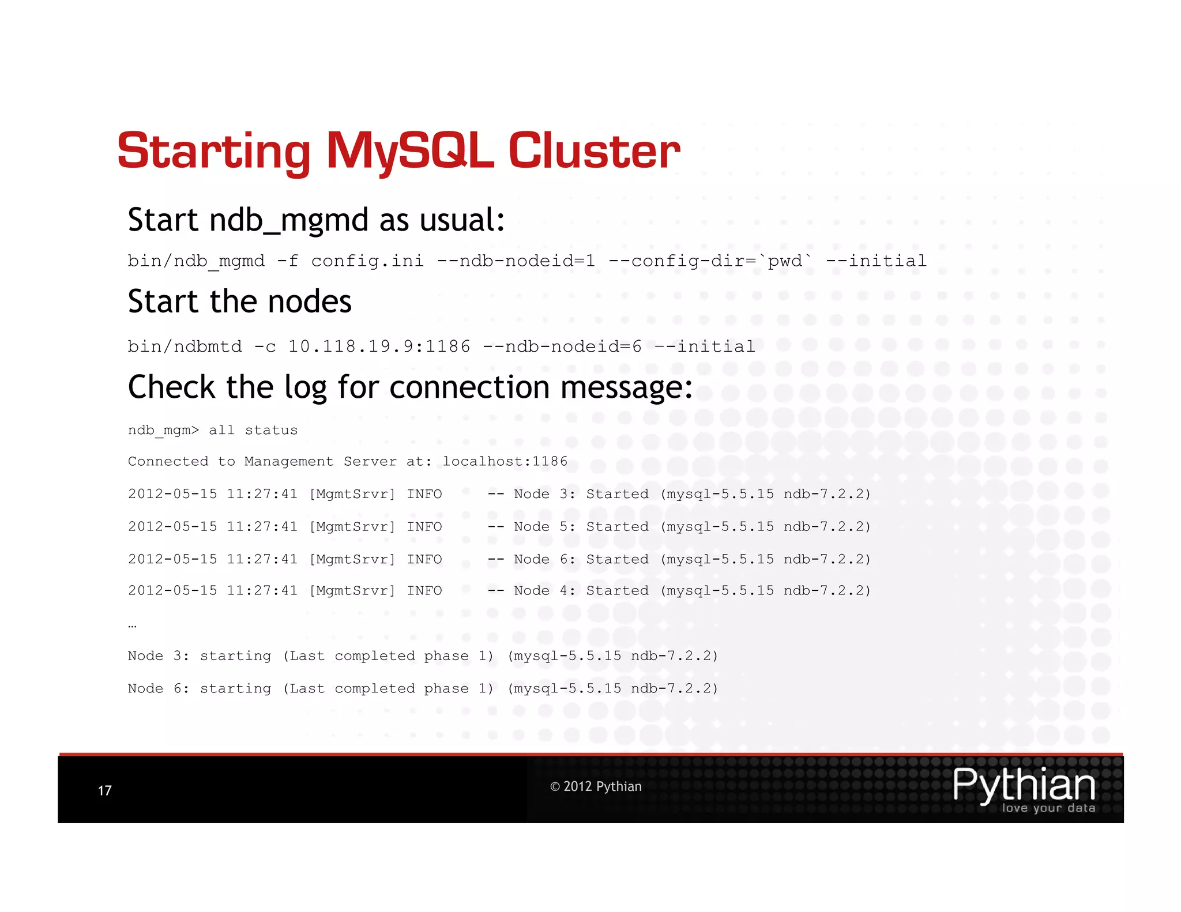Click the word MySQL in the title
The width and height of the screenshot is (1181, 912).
(x=409, y=151)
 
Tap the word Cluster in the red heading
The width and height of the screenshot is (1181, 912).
(x=593, y=151)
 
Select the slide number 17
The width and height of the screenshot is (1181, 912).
(x=104, y=790)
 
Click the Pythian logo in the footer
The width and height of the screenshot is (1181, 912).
(x=1024, y=785)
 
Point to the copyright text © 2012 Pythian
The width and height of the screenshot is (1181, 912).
(x=595, y=786)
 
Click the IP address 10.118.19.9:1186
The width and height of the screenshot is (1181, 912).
(x=379, y=346)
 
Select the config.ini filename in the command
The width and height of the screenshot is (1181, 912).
(x=367, y=261)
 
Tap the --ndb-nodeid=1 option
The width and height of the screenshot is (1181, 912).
(x=516, y=261)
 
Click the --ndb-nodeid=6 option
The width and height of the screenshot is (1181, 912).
(x=562, y=346)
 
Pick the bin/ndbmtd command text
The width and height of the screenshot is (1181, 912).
(x=185, y=346)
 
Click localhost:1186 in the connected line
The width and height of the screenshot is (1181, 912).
(x=505, y=461)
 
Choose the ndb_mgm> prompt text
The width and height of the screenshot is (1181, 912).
(x=163, y=431)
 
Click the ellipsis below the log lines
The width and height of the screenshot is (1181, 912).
(x=132, y=625)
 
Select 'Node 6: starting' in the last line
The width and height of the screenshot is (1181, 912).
(x=199, y=689)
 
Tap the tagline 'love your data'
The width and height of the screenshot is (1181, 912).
(x=1048, y=808)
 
